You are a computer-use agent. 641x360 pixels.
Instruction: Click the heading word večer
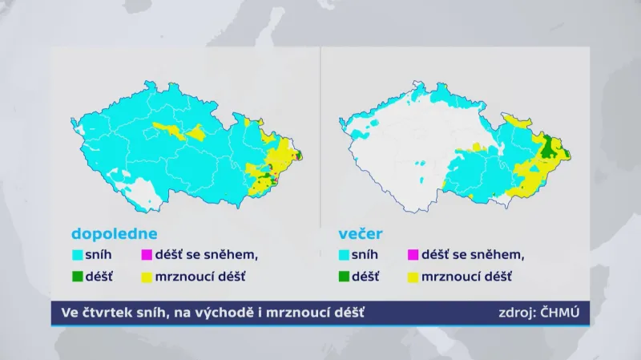[x=361, y=235]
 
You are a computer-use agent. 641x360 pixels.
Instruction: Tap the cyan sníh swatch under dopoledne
[x=78, y=256]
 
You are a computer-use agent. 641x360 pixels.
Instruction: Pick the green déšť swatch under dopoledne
[x=78, y=277]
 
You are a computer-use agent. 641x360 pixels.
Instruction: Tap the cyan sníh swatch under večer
[x=345, y=256]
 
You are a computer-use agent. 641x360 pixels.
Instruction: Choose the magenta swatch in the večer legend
[x=413, y=256]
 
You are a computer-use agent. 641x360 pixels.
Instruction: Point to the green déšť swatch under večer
[x=345, y=277]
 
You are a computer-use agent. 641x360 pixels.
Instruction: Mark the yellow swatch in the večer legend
[x=413, y=277]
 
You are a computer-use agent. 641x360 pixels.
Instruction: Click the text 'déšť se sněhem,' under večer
[x=473, y=256]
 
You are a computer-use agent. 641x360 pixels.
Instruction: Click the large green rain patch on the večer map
[x=549, y=148]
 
